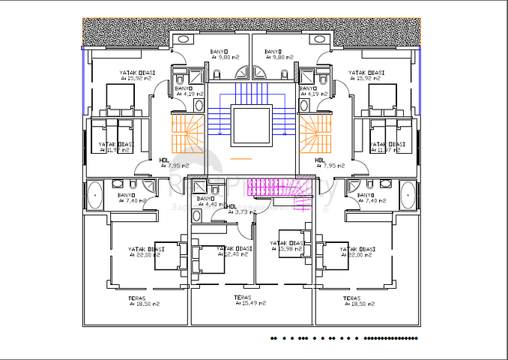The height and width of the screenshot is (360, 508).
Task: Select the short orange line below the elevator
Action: tap(242, 160)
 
